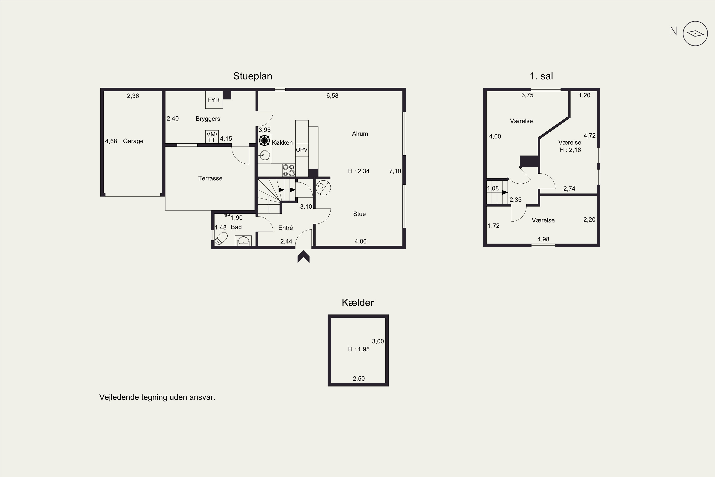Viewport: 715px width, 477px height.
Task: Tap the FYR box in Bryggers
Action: (x=214, y=100)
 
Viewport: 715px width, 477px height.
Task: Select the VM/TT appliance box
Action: (x=212, y=137)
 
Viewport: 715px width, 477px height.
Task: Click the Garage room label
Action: (x=133, y=141)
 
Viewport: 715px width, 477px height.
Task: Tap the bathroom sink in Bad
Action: (x=243, y=241)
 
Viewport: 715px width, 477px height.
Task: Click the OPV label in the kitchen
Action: (x=302, y=150)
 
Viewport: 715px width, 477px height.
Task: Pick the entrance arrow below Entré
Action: (x=303, y=256)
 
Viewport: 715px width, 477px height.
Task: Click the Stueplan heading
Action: (x=253, y=76)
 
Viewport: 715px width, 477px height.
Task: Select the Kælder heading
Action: (x=358, y=302)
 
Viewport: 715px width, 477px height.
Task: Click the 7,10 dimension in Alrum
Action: (x=395, y=171)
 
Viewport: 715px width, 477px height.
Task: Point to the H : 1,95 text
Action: (x=359, y=349)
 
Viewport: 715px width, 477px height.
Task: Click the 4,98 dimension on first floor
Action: (x=543, y=239)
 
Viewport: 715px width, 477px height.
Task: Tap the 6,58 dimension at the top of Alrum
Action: (x=332, y=96)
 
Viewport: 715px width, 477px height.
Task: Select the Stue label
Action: (x=359, y=214)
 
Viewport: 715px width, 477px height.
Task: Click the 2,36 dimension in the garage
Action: (x=133, y=96)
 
